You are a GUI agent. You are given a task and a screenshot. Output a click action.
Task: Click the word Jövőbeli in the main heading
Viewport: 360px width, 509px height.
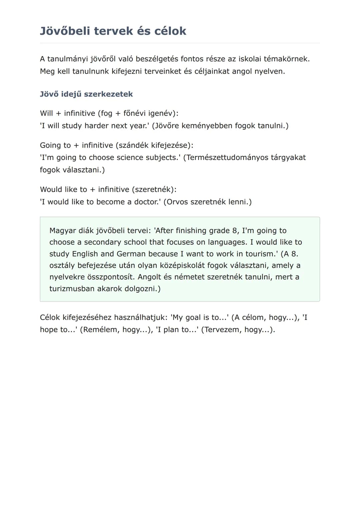(x=65, y=31)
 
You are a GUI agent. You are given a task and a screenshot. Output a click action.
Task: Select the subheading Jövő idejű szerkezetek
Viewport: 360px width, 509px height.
(x=86, y=94)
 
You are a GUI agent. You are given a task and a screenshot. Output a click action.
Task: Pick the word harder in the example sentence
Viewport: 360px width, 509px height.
(x=97, y=126)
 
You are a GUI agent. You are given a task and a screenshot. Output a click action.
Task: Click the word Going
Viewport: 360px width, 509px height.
(x=51, y=145)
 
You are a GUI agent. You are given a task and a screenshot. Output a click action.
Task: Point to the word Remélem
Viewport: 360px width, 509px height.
(x=100, y=330)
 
